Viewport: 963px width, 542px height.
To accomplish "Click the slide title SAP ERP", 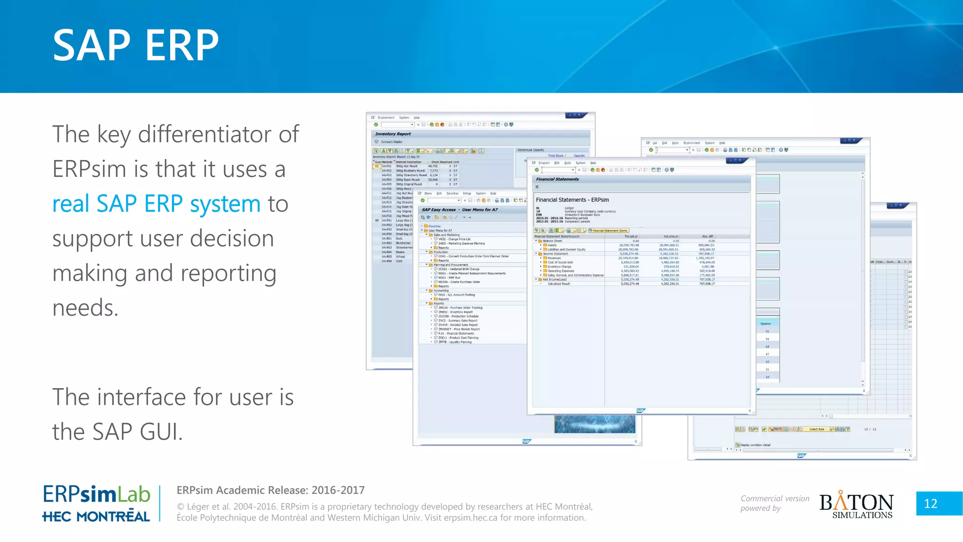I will coord(135,45).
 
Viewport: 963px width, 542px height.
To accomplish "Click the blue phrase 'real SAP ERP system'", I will coord(156,204).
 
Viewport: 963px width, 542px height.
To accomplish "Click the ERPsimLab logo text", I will coord(96,494).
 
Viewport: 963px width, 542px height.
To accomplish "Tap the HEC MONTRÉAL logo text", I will coord(96,517).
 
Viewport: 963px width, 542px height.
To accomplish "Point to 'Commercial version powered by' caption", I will coord(774,503).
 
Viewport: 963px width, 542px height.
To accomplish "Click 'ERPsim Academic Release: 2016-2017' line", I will coord(270,490).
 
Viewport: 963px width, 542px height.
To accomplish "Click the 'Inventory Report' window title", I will coord(393,134).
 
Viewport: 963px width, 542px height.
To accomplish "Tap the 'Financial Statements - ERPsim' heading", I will coord(572,200).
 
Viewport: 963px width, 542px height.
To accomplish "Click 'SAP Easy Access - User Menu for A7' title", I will coord(459,210).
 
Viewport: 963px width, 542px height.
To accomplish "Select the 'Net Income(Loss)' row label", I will coord(558,279).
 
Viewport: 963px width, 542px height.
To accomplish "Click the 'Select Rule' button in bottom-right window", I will coord(816,429).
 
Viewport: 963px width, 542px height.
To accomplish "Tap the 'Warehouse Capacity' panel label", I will coord(530,150).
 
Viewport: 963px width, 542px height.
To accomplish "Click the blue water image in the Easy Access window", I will coord(594,424).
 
